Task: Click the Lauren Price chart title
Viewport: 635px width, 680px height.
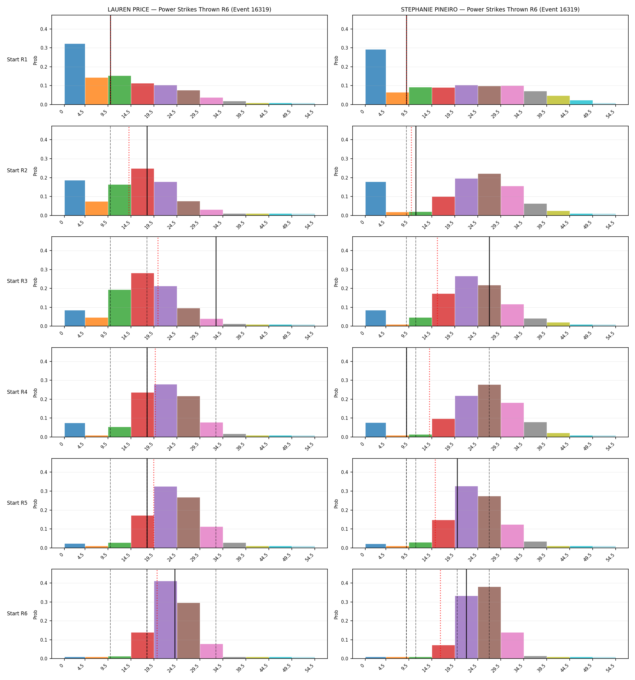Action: (189, 10)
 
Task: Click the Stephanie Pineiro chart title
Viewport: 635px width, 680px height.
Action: (490, 10)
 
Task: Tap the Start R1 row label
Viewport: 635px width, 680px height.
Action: (17, 60)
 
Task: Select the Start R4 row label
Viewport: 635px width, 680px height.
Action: (17, 392)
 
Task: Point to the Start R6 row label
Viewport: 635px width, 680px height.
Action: (17, 614)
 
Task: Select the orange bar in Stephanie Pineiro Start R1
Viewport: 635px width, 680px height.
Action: (397, 99)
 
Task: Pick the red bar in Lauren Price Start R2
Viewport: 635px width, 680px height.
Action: (142, 192)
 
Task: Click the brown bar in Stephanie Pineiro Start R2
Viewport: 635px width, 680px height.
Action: (489, 195)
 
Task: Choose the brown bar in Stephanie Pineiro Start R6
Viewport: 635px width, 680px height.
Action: (489, 623)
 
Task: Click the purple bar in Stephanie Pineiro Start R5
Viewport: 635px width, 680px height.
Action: (466, 517)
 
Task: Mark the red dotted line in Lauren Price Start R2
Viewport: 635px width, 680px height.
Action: (129, 171)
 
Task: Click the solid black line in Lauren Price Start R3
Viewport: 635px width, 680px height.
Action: (216, 281)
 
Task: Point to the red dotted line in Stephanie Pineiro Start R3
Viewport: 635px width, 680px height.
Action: (437, 281)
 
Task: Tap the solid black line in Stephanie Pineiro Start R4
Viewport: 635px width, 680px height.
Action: (406, 392)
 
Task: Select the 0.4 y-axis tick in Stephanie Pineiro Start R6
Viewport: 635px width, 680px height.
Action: (346, 583)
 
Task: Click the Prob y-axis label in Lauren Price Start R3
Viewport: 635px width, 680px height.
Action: (35, 282)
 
